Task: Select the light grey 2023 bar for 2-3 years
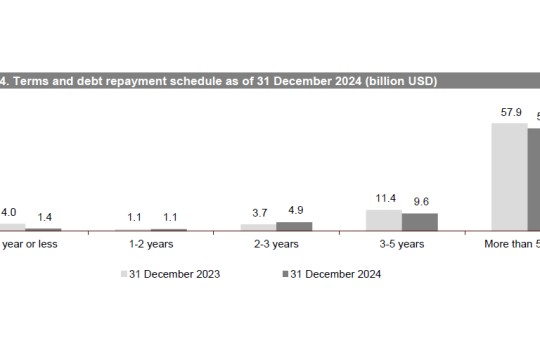(258, 227)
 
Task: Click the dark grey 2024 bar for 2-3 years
(294, 226)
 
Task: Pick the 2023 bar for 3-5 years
(383, 220)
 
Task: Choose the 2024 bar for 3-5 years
(419, 221)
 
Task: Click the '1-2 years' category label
(151, 243)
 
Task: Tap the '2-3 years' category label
(276, 243)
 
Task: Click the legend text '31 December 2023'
(174, 273)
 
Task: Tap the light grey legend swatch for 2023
(124, 273)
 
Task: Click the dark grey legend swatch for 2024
(285, 273)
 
